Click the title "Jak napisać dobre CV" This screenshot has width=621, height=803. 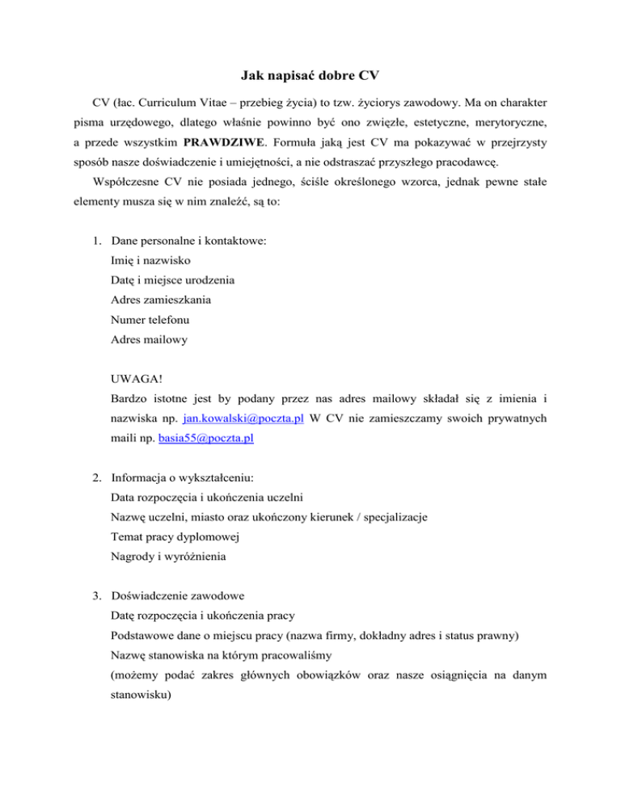click(310, 77)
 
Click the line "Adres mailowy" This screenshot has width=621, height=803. click(150, 341)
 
